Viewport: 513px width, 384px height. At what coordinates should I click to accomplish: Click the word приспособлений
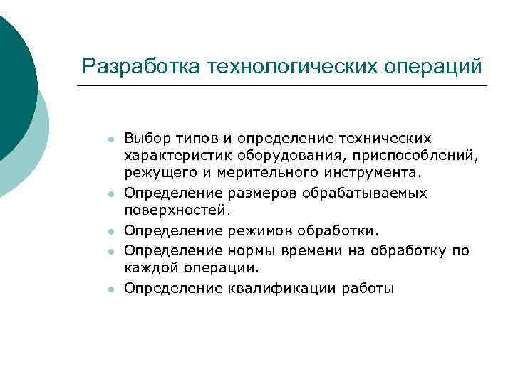[400, 154]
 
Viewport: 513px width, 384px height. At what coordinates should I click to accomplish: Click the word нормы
[252, 250]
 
